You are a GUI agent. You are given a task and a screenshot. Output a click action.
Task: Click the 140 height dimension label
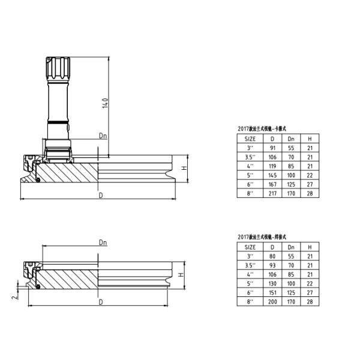coord(106,103)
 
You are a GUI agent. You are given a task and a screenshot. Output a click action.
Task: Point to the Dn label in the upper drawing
coord(103,137)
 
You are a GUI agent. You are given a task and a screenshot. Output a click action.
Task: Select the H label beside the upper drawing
coord(185,168)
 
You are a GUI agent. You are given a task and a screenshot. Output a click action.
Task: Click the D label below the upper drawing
coord(101,196)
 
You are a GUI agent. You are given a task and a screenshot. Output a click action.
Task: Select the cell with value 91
coord(272,148)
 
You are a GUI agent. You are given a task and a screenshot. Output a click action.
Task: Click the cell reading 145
coord(272,175)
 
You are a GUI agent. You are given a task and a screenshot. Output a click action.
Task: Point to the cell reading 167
coord(272,184)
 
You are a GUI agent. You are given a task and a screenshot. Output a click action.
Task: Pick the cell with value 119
coord(272,166)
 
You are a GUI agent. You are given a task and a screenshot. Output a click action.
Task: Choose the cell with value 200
coord(272,301)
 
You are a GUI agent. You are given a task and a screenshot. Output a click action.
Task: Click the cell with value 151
coord(272,292)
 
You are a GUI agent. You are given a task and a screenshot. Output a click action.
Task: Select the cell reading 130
coord(272,283)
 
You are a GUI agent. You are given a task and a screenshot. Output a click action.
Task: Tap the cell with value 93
coord(272,265)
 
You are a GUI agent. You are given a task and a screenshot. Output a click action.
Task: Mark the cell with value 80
coord(272,256)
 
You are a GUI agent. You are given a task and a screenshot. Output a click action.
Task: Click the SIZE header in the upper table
coord(250,139)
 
